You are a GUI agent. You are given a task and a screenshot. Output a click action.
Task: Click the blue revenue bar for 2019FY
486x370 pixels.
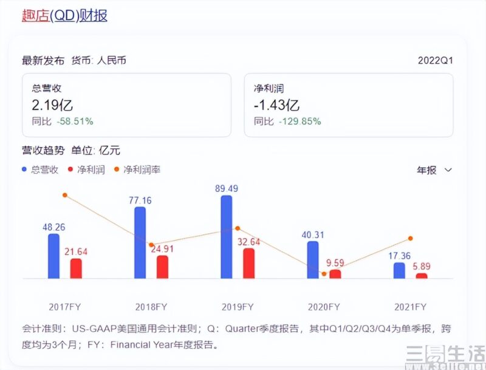click(226, 237)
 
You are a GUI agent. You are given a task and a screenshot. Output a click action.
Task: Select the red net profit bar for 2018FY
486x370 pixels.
click(162, 267)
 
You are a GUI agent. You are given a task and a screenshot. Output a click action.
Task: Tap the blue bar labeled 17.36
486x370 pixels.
click(399, 270)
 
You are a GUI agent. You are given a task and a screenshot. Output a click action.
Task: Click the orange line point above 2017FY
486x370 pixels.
click(64, 195)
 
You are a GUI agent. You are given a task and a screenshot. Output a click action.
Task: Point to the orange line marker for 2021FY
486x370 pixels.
click(411, 238)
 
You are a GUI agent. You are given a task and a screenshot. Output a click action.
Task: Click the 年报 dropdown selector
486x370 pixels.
click(434, 170)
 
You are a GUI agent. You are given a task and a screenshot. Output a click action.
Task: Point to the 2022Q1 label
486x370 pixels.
click(436, 61)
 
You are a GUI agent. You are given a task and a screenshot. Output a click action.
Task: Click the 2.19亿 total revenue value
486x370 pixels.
click(53, 104)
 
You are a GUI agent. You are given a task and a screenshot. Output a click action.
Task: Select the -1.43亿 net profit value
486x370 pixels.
click(276, 104)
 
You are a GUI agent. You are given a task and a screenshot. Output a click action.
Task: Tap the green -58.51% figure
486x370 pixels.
click(75, 121)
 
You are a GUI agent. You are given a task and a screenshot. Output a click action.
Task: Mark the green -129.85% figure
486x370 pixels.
click(299, 121)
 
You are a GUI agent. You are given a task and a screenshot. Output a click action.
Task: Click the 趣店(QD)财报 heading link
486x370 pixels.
click(64, 16)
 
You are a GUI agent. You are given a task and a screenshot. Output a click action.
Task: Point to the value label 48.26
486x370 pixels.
click(54, 227)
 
